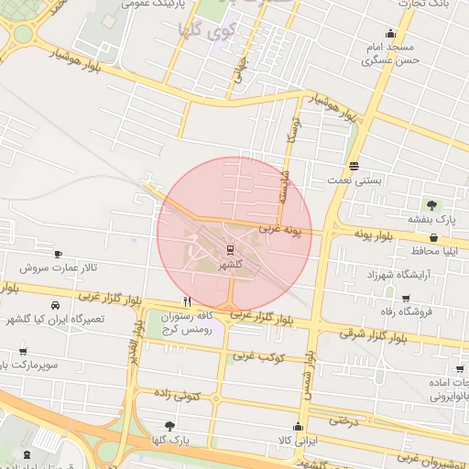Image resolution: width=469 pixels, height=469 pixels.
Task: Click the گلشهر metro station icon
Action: pyautogui.click(x=230, y=248)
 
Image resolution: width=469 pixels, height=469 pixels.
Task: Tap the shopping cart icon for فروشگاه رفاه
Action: pyautogui.click(x=406, y=298)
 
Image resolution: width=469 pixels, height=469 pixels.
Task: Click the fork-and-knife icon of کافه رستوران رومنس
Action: pyautogui.click(x=187, y=300)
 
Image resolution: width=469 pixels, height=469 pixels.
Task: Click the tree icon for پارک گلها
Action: pyautogui.click(x=169, y=425)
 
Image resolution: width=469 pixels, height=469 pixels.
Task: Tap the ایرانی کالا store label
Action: pyautogui.click(x=297, y=441)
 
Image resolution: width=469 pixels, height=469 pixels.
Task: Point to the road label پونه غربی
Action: pyautogui.click(x=279, y=229)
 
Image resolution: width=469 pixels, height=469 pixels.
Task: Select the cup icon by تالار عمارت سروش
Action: pyautogui.click(x=59, y=254)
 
